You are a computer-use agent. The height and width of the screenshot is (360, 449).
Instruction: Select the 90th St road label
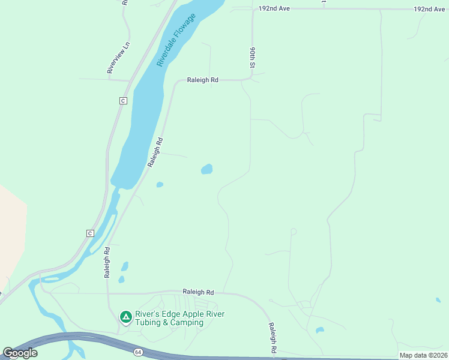pos(253,58)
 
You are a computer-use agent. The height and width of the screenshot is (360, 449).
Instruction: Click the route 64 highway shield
pos(138,352)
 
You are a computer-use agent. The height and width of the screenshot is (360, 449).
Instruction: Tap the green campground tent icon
pos(125,316)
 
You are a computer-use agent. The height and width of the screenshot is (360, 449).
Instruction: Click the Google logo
pos(20,353)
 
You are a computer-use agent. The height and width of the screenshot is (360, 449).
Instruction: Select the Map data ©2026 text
pos(423,355)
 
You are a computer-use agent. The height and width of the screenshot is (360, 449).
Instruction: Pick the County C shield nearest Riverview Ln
pos(123,100)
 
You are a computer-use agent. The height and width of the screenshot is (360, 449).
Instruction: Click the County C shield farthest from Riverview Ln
pos(90,233)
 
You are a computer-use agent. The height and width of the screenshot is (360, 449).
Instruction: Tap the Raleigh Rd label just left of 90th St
pos(202,79)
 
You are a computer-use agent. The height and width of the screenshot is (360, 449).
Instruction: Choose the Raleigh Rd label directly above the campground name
pos(198,292)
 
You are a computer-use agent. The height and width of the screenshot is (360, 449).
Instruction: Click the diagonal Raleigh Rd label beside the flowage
pos(155,152)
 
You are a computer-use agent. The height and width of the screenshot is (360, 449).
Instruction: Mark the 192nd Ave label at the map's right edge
pos(429,10)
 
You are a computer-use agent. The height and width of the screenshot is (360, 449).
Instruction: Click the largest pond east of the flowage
pos(206,169)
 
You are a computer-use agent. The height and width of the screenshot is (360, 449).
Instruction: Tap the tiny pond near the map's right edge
pos(438,300)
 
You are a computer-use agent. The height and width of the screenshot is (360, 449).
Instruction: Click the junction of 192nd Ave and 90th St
pos(253,9)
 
